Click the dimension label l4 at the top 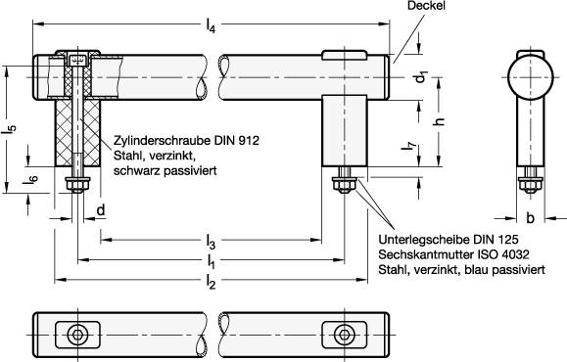point(212,27)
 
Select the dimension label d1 point(419,75)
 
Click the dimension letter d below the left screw point(102,209)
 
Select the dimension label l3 point(210,240)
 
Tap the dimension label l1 point(211,261)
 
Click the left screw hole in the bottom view point(75,335)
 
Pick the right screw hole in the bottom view point(344,335)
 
